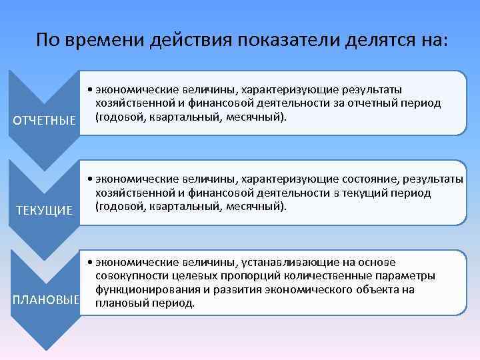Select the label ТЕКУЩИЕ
45,211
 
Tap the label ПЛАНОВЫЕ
45,301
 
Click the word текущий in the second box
373,193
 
